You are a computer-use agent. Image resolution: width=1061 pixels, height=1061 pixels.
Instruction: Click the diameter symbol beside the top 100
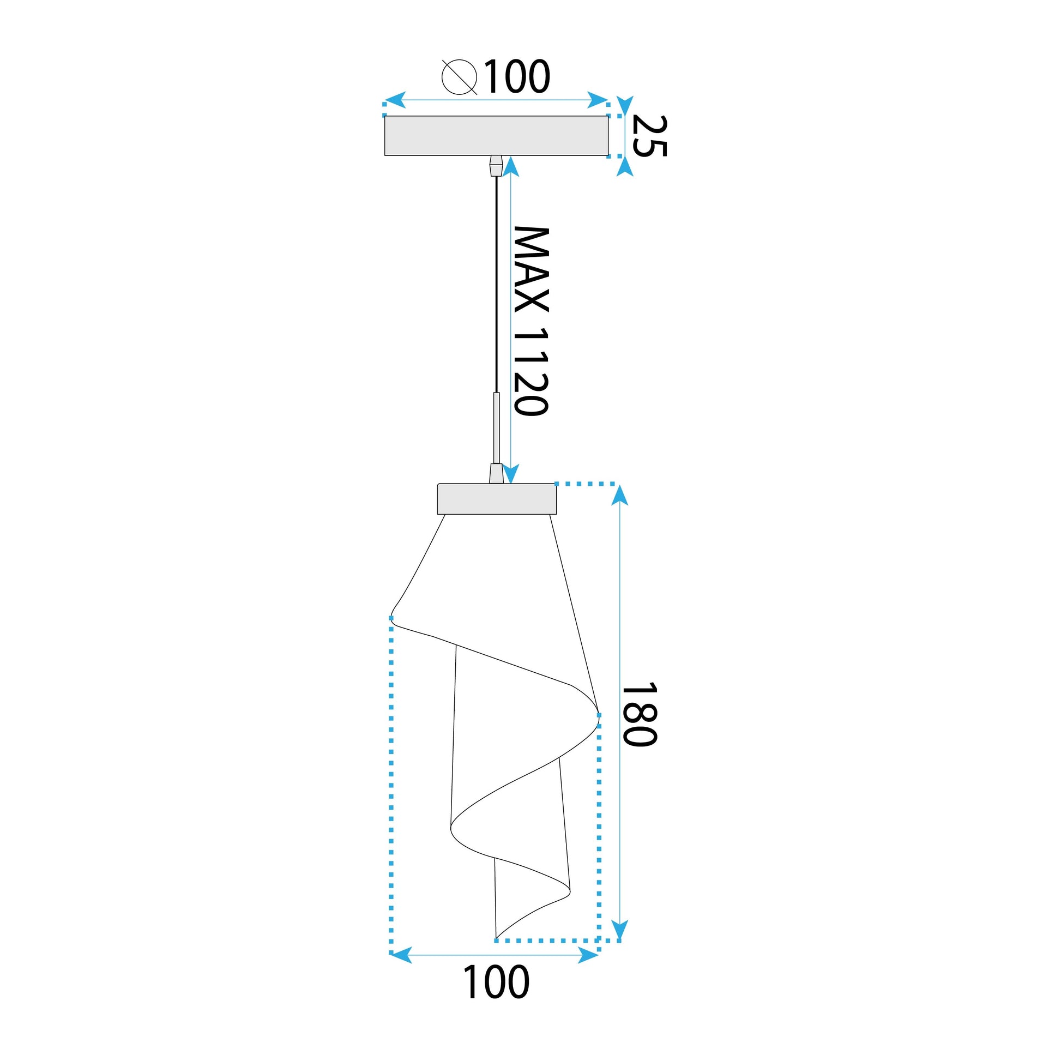click(459, 77)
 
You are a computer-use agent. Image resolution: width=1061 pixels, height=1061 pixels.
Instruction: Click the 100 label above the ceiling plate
click(516, 77)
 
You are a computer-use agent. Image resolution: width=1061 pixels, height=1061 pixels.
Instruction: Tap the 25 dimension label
click(649, 136)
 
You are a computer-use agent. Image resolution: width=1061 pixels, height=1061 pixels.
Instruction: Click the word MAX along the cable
click(531, 269)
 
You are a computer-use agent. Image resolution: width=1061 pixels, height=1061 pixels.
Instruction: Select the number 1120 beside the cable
click(531, 372)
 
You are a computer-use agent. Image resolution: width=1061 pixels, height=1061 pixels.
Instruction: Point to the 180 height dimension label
click(638, 714)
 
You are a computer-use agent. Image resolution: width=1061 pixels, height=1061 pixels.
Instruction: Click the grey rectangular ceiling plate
click(496, 136)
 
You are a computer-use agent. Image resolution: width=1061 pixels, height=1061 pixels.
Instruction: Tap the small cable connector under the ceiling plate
click(496, 165)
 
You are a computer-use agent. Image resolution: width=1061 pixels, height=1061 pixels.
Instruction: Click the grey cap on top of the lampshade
click(497, 499)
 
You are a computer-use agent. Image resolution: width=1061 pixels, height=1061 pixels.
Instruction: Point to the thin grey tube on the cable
click(497, 428)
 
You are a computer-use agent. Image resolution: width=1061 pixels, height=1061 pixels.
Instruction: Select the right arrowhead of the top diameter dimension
click(597, 100)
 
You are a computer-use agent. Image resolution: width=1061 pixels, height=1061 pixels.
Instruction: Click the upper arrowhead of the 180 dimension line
click(619, 496)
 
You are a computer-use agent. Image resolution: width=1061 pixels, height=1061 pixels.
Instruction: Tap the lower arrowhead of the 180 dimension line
click(619, 930)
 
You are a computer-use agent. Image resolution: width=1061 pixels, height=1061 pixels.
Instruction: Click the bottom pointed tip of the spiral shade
click(497, 937)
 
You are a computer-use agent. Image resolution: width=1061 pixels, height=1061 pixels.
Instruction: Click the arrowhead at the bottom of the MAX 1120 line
click(511, 473)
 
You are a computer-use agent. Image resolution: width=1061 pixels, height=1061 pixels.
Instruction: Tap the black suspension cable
click(497, 286)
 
